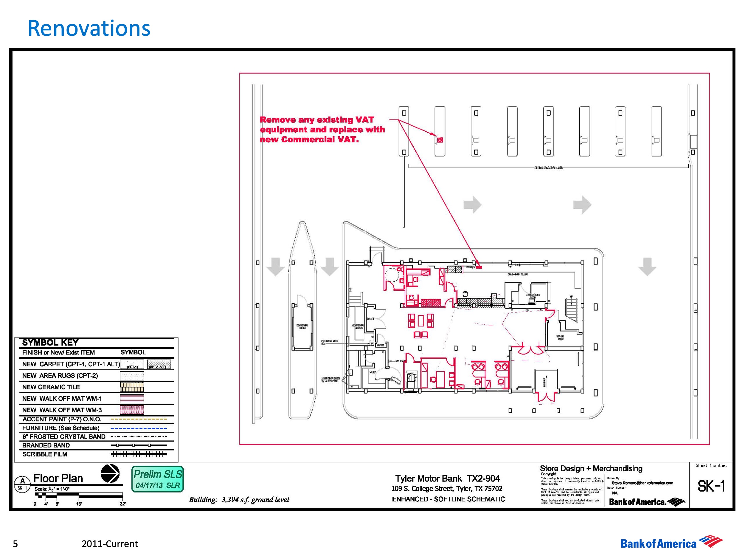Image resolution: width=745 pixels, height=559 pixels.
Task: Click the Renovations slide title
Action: pos(89,28)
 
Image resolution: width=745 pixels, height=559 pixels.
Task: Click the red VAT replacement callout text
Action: pos(322,130)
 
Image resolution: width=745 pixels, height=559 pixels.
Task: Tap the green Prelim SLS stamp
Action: pos(158,479)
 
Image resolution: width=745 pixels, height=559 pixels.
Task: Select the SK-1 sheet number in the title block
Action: pos(711,486)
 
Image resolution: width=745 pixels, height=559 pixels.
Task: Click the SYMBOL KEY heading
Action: pos(50,343)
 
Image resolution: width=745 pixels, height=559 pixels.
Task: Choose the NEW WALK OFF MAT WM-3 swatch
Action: pos(132,410)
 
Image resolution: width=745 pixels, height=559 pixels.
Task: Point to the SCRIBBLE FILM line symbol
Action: pos(139,454)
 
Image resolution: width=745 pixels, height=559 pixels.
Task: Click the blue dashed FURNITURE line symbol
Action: pos(139,429)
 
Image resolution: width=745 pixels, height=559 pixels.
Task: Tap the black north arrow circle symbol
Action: pos(110,473)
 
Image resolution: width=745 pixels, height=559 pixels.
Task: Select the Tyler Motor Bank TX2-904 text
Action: pos(447,479)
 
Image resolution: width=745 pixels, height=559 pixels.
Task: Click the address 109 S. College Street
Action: pos(447,489)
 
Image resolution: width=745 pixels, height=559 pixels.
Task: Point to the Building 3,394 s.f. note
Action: pos(239,500)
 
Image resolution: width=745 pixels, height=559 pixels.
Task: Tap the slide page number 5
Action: pos(15,544)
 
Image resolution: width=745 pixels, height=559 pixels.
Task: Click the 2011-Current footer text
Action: pos(110,544)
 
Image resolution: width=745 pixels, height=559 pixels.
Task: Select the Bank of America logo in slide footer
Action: pos(671,543)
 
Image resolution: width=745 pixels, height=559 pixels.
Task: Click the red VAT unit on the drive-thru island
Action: pos(440,140)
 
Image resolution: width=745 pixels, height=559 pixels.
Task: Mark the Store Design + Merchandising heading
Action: pos(591,468)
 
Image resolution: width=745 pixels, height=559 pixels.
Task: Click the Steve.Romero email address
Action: pos(642,483)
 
